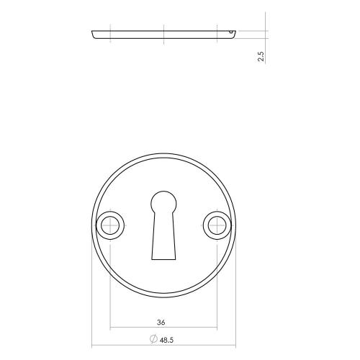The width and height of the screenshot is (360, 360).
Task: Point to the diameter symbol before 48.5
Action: click(x=153, y=340)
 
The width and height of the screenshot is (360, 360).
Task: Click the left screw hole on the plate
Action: click(x=110, y=225)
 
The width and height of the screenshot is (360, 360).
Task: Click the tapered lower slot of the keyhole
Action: click(x=163, y=238)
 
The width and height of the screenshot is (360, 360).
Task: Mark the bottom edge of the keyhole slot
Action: click(x=163, y=259)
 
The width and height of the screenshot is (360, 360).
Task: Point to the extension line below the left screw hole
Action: click(x=110, y=288)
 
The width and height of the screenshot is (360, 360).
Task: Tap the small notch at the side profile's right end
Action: click(x=229, y=32)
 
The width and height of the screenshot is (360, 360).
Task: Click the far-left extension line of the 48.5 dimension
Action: click(x=93, y=302)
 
